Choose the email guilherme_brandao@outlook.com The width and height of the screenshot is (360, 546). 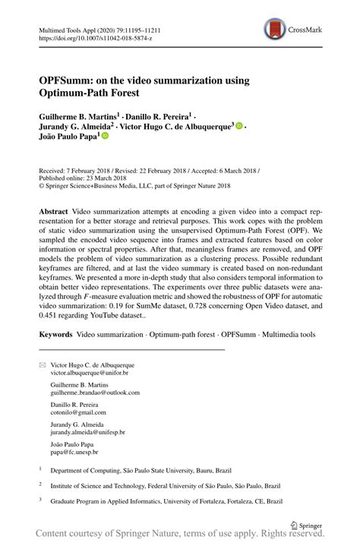click(95, 393)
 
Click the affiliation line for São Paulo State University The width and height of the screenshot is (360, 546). click(155, 470)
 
